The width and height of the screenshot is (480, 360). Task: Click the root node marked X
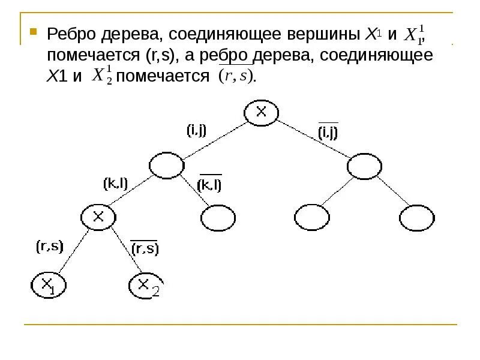coord(262,113)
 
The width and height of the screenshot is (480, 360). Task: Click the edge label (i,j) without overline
coord(196,130)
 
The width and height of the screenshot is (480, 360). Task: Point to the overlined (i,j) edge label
coord(328,133)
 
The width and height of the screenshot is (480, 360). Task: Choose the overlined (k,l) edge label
coord(210,185)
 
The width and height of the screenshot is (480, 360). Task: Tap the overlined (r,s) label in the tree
coord(145,248)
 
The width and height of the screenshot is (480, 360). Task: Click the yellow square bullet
coord(34,31)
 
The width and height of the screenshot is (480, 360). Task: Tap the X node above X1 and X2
coord(98,217)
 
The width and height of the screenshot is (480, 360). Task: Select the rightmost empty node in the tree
coord(418,218)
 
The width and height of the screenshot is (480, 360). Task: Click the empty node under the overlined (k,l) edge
coord(218,218)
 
